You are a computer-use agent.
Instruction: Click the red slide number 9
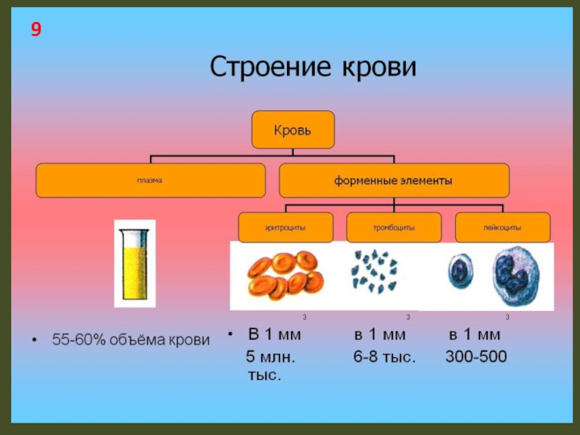coord(36,30)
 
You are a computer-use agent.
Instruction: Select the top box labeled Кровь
coord(292,130)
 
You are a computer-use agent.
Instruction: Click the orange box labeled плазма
coord(151,181)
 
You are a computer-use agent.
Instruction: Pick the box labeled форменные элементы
coord(394,181)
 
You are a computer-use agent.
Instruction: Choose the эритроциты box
coord(286,228)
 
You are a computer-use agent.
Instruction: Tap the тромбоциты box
coord(394,228)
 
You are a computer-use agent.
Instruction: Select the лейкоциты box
coord(502,228)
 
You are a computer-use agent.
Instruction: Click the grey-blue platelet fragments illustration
coord(373,272)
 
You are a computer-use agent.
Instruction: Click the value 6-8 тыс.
coord(384,357)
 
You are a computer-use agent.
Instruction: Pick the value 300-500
coord(476,357)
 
